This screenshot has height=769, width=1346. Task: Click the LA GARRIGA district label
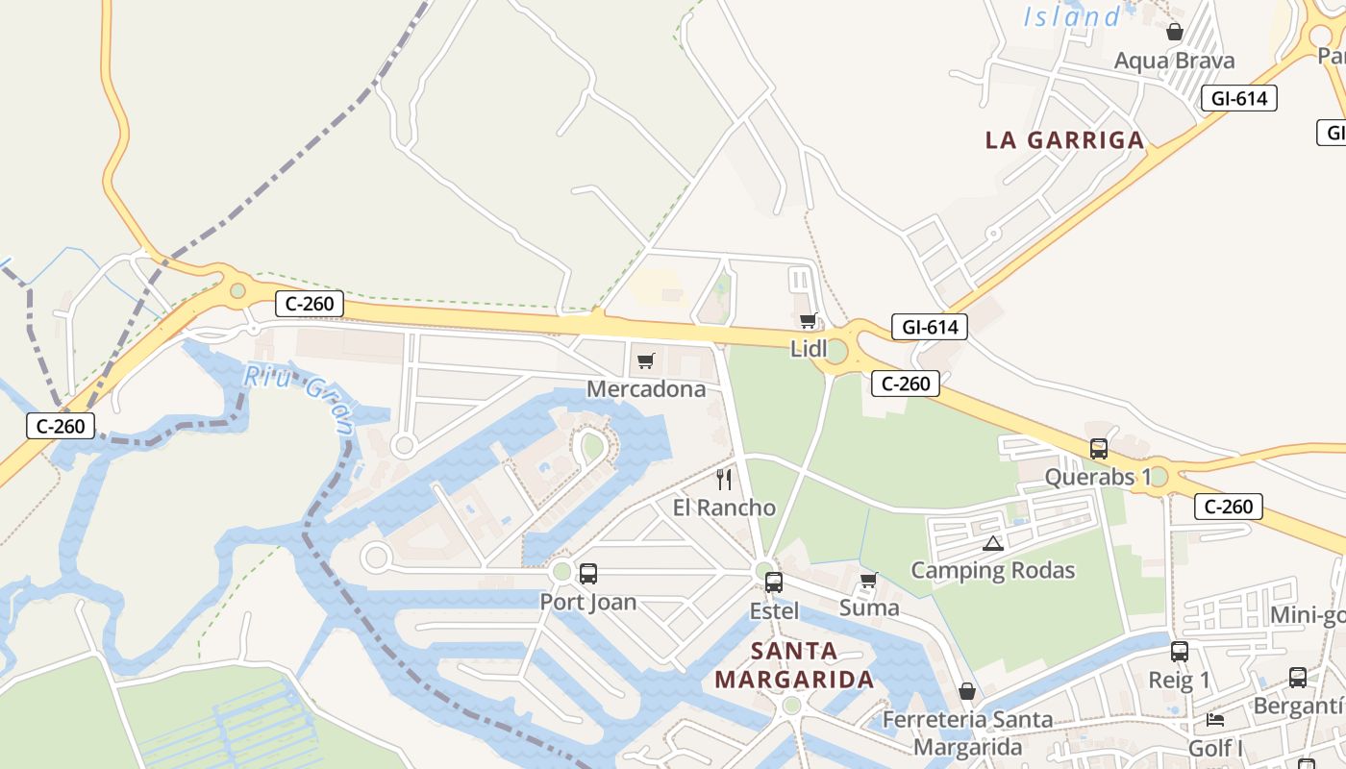(x=1065, y=140)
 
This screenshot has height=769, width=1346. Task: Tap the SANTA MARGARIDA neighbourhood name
(x=793, y=665)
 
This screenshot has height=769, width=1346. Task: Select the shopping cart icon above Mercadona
(x=645, y=361)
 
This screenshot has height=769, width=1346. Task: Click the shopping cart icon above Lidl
(x=808, y=320)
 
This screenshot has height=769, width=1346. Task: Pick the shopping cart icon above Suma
(x=868, y=580)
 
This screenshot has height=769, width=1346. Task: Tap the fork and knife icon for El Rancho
(x=724, y=479)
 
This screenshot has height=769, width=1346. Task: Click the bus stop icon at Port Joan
(x=587, y=574)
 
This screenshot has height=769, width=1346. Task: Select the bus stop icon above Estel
(x=773, y=582)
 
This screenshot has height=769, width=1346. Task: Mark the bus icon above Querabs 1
(x=1098, y=448)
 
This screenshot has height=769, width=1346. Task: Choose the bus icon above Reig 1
(x=1180, y=652)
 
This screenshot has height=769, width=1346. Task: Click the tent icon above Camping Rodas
(x=993, y=543)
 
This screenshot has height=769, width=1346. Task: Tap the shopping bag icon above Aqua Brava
(x=1174, y=32)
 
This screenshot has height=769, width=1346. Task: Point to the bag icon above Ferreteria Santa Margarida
(x=967, y=691)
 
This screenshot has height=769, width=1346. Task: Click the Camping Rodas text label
(x=993, y=570)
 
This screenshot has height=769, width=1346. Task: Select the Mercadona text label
(x=646, y=389)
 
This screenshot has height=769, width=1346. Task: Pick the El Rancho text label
(x=724, y=508)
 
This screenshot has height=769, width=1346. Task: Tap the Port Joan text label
(x=587, y=603)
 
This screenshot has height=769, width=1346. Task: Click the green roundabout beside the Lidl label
(x=835, y=351)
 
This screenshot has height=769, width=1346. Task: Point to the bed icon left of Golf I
(x=1215, y=719)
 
